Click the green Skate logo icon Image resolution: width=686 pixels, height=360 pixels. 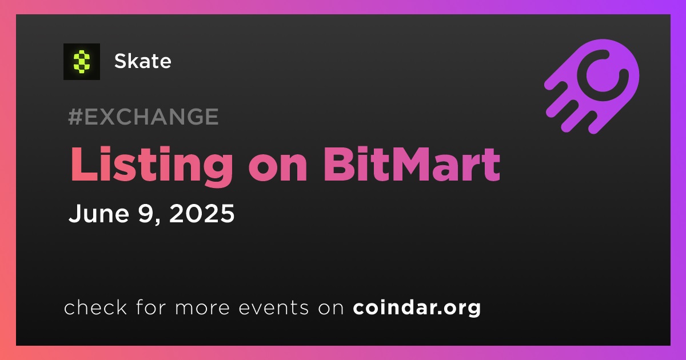pos(81,62)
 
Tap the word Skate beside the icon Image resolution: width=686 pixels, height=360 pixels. pos(143,61)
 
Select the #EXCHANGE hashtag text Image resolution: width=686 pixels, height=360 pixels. pos(143,117)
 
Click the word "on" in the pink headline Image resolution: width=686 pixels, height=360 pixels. pos(278,169)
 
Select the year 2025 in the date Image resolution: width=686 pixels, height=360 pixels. pos(202,213)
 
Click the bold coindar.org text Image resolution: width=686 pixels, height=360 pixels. pos(417,307)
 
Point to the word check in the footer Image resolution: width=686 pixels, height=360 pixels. pos(95,307)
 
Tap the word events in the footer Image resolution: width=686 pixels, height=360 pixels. pos(273,307)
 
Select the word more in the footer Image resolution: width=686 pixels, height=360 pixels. pos(202,308)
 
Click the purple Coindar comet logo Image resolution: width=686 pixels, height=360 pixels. pos(592,86)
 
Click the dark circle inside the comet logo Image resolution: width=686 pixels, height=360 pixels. pos(602,75)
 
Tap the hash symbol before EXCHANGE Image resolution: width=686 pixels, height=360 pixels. pos(75,117)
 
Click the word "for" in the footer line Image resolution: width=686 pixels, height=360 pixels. pos(151,307)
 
